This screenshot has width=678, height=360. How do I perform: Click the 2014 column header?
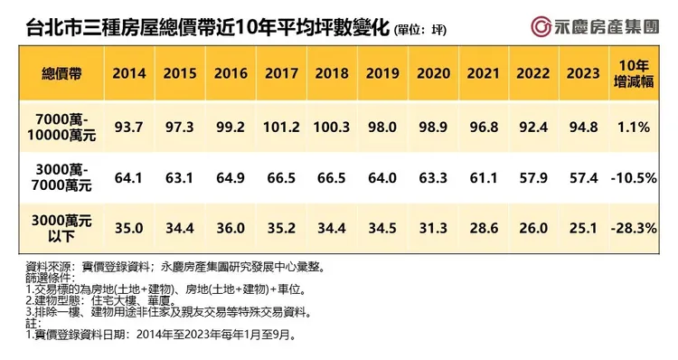click(129, 73)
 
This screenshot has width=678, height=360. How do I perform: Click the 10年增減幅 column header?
click(634, 74)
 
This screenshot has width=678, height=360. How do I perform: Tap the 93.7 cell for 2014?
click(129, 127)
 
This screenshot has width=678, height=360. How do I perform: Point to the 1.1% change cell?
click(634, 127)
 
